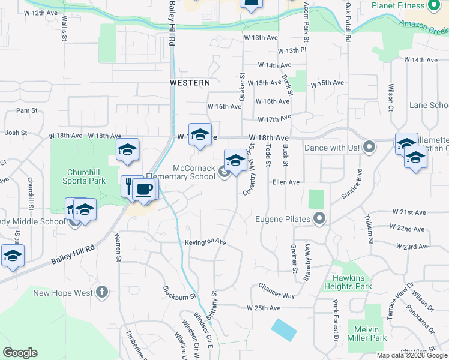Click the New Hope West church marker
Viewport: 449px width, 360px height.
pos(102,293)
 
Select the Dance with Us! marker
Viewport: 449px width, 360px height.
pos(369,147)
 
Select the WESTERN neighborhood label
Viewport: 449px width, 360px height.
pos(190,82)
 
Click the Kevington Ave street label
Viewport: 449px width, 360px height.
pos(205,241)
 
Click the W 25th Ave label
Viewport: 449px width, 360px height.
pos(264,308)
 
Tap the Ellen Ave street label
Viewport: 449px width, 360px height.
pos(286,182)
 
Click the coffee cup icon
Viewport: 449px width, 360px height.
pos(143,190)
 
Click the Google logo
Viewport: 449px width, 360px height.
pos(20,353)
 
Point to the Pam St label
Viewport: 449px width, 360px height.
pos(26,110)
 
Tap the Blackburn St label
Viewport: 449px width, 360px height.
pos(179,293)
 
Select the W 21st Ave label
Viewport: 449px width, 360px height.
pos(409,212)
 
